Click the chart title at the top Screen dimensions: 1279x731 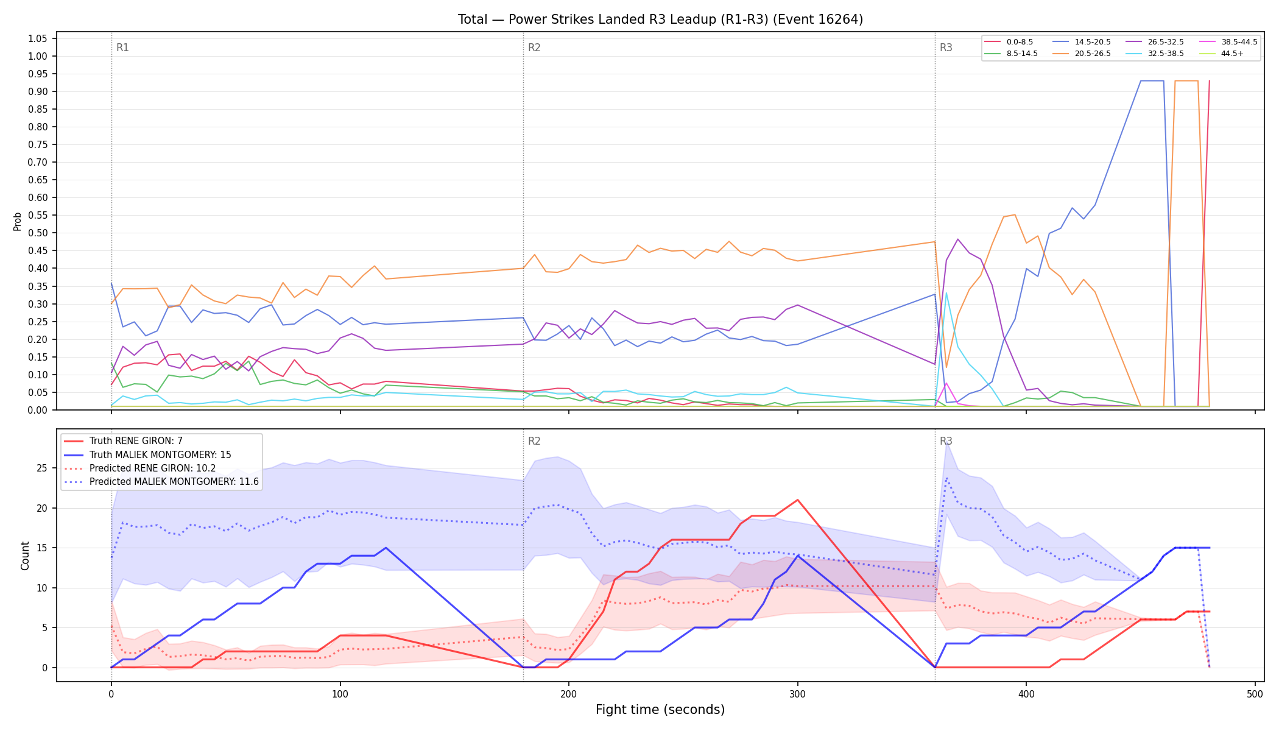(660, 19)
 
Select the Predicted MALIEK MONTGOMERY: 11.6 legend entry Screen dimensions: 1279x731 (161, 482)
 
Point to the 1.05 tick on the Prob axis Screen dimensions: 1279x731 (37, 39)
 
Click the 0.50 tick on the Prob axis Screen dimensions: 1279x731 (37, 233)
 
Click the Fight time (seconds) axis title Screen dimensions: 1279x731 (660, 710)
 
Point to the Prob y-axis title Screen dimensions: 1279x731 (18, 221)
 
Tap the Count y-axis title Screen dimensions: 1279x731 (25, 556)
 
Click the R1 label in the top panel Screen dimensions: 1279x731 (122, 48)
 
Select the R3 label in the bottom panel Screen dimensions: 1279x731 (946, 441)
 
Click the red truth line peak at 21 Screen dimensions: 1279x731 (797, 500)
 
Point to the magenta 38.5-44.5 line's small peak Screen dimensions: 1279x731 (946, 383)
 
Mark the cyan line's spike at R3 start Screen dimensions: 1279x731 (946, 293)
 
